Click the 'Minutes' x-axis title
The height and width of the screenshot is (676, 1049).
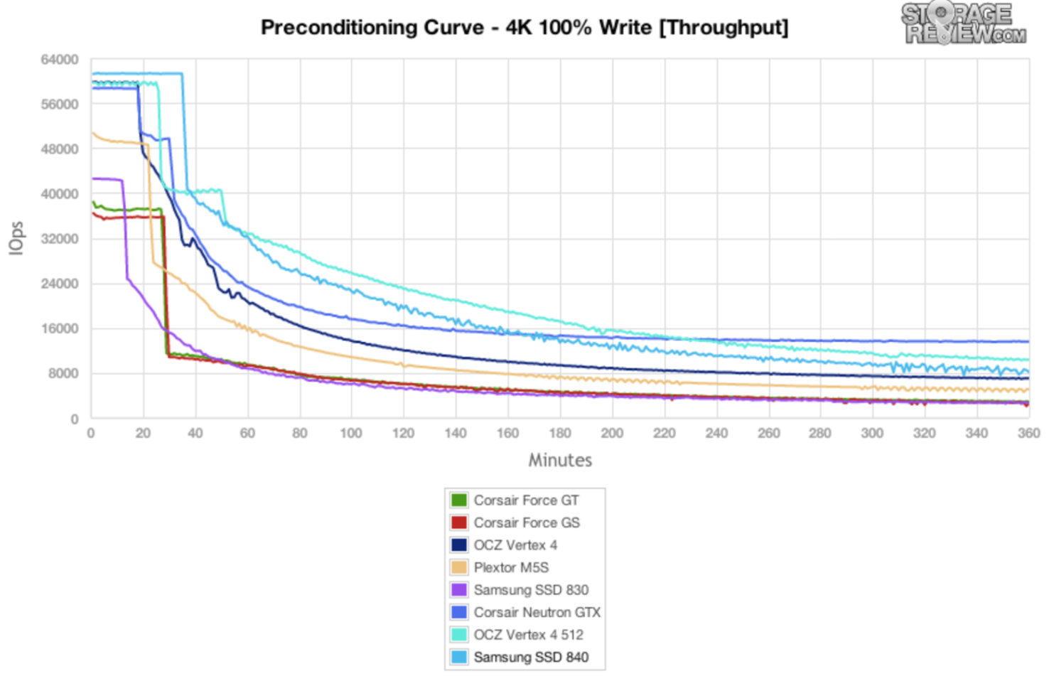(x=559, y=460)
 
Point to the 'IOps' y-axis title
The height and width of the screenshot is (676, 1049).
(x=16, y=237)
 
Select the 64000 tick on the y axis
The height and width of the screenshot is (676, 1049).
(x=59, y=60)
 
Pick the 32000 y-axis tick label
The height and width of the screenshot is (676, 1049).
(x=59, y=239)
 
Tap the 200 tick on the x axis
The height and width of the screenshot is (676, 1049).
(x=611, y=433)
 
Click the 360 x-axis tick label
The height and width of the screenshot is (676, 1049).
(x=1028, y=433)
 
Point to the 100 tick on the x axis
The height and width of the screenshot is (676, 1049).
(x=350, y=433)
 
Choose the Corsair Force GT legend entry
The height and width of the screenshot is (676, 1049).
(x=526, y=500)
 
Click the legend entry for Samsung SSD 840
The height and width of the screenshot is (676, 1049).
(x=531, y=658)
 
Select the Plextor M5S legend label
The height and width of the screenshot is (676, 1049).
(x=511, y=567)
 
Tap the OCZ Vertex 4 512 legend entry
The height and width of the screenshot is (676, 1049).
(x=528, y=635)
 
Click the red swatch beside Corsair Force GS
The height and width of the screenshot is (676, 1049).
(x=459, y=522)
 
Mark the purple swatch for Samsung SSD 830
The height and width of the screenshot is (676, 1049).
(x=459, y=590)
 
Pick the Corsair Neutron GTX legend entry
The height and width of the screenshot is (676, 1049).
(x=537, y=612)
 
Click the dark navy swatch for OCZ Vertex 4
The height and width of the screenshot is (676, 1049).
(x=459, y=545)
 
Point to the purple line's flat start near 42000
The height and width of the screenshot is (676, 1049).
(x=107, y=179)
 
